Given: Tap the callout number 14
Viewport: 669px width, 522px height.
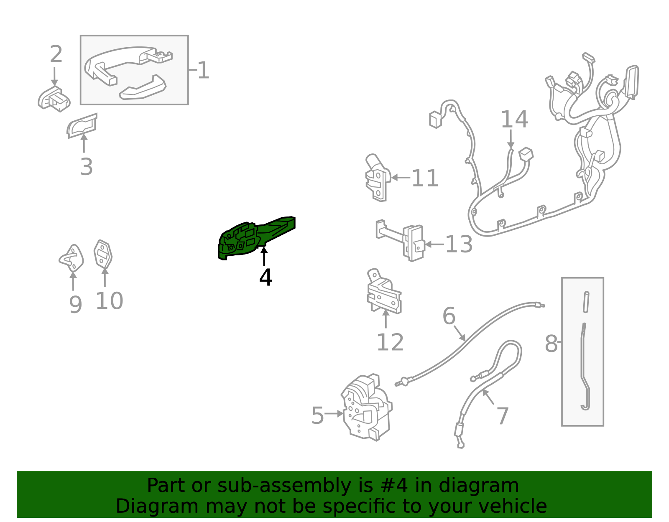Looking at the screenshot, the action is pyautogui.click(x=514, y=120).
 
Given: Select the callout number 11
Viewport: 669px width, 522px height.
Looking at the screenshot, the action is pyautogui.click(x=425, y=178).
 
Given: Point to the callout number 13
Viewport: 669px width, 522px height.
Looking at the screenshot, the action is pyautogui.click(x=459, y=244).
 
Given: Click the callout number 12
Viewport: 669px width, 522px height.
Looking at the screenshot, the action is pyautogui.click(x=390, y=342).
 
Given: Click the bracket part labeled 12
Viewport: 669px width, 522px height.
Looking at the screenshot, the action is pyautogui.click(x=384, y=292).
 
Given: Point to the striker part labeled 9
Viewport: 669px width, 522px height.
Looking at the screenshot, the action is pyautogui.click(x=71, y=259).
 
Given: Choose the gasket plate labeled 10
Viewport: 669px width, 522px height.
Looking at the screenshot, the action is pyautogui.click(x=103, y=255).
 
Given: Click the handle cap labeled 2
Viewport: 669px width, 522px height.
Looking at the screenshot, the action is pyautogui.click(x=54, y=99).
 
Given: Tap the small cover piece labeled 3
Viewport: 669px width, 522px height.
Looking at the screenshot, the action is pyautogui.click(x=82, y=126).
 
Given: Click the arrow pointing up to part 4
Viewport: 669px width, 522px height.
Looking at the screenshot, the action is pyautogui.click(x=264, y=256).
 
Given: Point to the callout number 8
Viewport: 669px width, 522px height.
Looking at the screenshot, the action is pyautogui.click(x=551, y=344).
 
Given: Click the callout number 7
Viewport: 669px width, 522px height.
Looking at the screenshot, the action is pyautogui.click(x=503, y=416).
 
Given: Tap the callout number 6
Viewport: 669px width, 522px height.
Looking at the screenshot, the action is pyautogui.click(x=449, y=316).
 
